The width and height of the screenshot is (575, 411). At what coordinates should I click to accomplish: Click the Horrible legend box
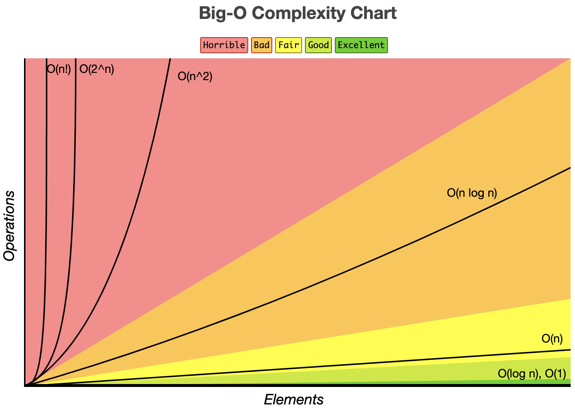point(224,45)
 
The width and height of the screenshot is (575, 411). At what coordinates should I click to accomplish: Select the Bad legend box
point(262,45)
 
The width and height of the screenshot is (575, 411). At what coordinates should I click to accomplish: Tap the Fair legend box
point(289,45)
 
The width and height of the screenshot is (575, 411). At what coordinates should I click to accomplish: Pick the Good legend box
point(318,45)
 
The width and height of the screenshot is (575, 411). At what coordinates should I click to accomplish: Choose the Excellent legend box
point(361,45)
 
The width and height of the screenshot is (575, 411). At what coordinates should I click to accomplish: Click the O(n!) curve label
point(59,69)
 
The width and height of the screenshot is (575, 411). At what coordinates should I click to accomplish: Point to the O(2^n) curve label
point(97,69)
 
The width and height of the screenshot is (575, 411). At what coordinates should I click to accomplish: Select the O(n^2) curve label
point(195,77)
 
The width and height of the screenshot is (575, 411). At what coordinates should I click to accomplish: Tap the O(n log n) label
point(472,193)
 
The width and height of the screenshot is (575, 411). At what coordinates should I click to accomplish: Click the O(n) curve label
point(552,339)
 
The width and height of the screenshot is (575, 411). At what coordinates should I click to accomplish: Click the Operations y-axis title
point(9,226)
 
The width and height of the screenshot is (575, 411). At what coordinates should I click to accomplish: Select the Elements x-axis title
point(294,400)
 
